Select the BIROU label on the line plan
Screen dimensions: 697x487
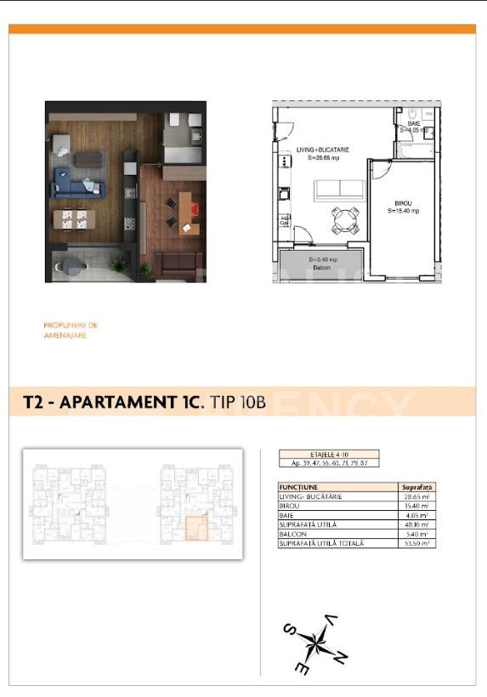tap(402, 204)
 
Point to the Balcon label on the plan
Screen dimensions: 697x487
tap(320, 267)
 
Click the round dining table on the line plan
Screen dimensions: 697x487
tap(343, 220)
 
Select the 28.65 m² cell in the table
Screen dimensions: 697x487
tap(417, 495)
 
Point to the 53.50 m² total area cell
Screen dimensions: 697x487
tap(417, 542)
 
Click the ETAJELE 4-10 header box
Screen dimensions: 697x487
tap(328, 456)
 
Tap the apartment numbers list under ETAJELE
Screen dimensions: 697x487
tap(328, 464)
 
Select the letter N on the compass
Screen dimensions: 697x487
tap(340, 657)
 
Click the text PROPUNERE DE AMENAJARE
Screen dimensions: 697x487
tap(71, 330)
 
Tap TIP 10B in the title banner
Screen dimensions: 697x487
tap(237, 402)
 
